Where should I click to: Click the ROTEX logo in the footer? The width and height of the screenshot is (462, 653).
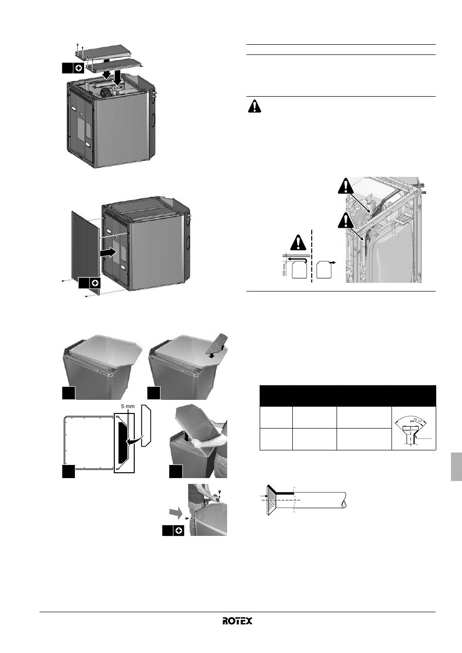(x=237, y=621)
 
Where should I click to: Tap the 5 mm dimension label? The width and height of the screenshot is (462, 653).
(x=128, y=406)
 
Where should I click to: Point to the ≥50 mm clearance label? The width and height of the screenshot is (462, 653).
(x=284, y=270)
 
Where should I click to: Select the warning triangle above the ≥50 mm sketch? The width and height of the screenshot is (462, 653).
(x=298, y=242)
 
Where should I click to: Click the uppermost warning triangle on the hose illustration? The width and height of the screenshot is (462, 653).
(x=346, y=186)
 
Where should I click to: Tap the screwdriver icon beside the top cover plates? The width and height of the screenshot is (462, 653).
(x=78, y=68)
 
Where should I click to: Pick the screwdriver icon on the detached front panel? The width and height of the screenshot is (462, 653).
(x=95, y=283)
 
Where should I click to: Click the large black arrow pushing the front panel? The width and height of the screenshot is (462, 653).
(x=107, y=253)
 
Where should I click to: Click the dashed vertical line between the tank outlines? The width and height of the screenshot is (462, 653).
(x=312, y=256)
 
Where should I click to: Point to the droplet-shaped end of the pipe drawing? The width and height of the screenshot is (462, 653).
(x=344, y=504)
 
